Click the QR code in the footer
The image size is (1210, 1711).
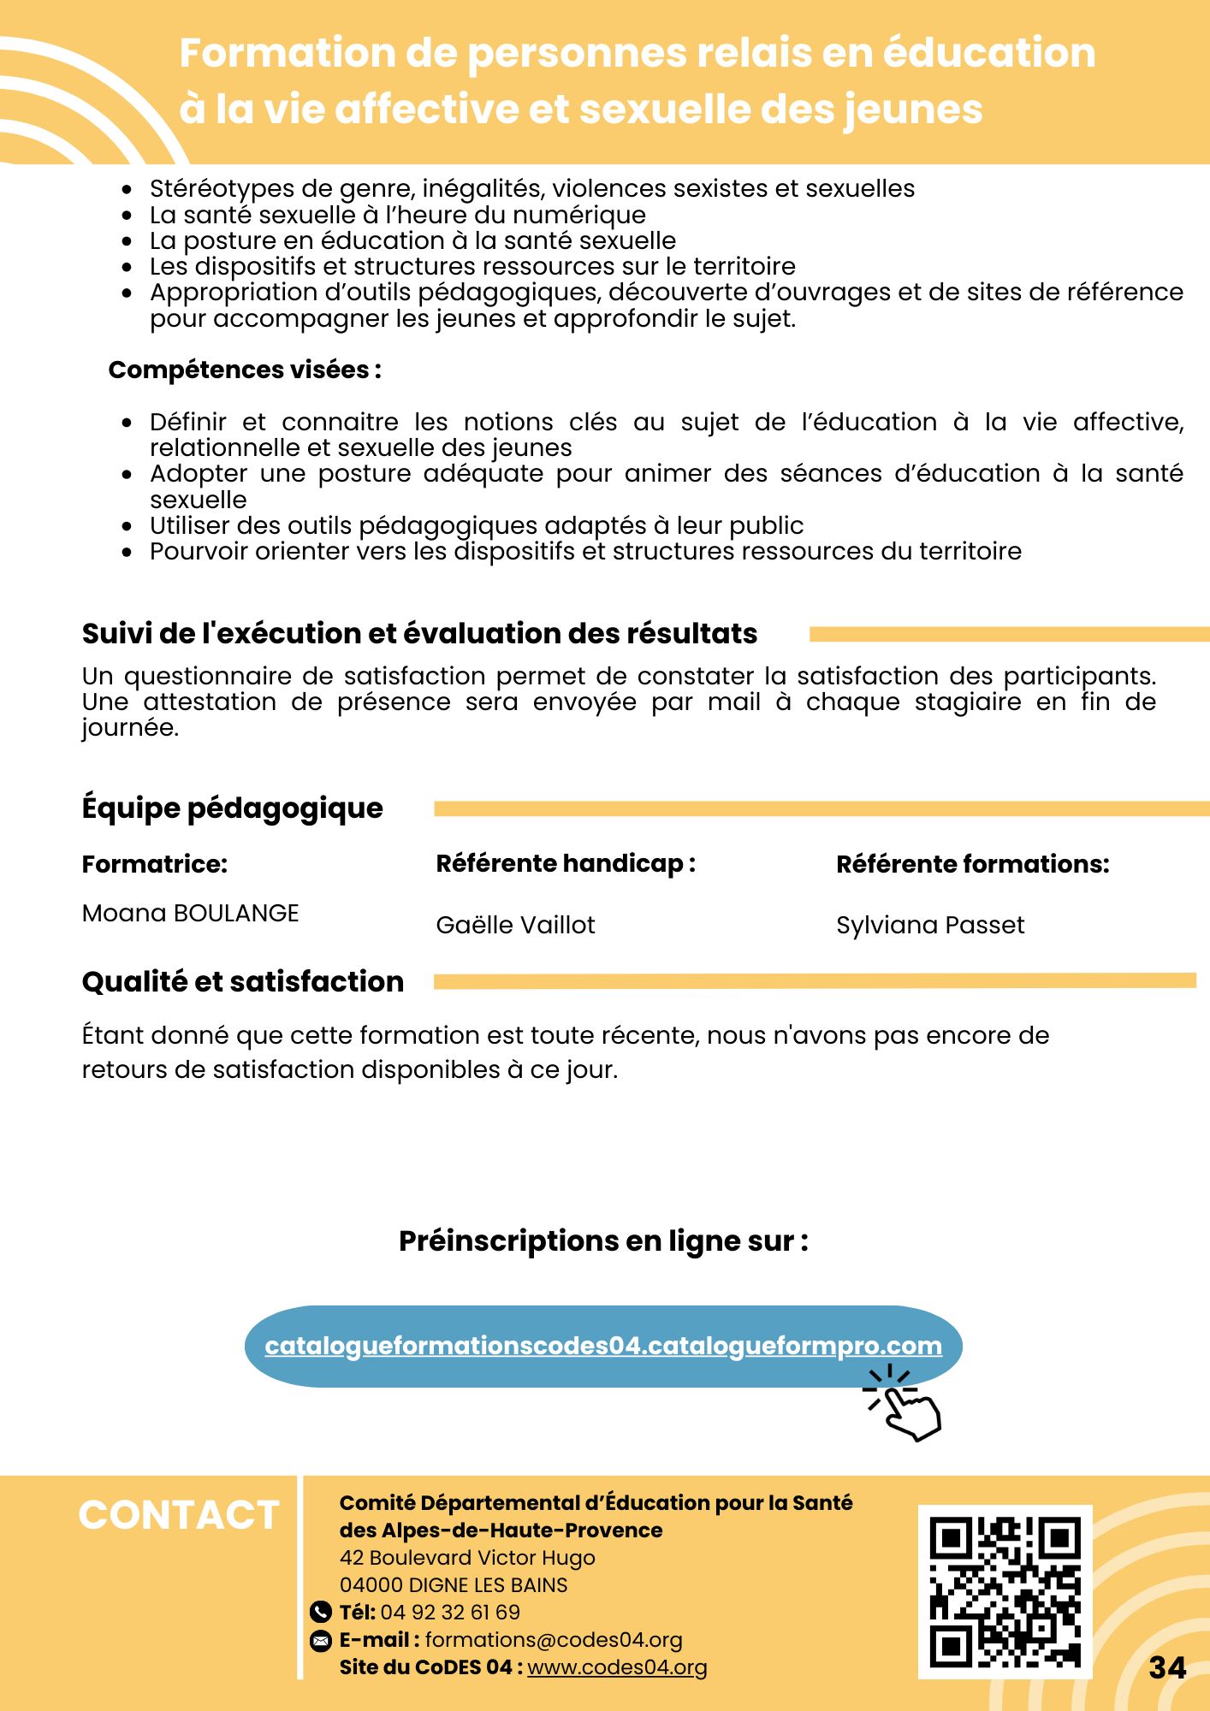tap(1005, 1591)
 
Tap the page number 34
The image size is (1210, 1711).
tap(1167, 1667)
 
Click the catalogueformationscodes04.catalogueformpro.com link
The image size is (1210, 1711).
tap(603, 1346)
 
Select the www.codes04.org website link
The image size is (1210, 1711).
tap(617, 1667)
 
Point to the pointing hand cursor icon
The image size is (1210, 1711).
tap(905, 1404)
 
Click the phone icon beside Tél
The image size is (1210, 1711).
tap(320, 1613)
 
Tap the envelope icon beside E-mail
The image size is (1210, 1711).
tap(320, 1640)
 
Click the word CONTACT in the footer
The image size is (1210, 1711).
tap(179, 1515)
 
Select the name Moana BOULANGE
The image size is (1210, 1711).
tap(190, 914)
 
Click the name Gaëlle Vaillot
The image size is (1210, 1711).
tap(515, 925)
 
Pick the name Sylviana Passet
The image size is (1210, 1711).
tap(930, 925)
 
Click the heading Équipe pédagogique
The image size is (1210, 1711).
tap(232, 808)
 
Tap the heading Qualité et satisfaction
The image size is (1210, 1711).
tap(242, 981)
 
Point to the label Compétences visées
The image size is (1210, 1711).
tap(244, 370)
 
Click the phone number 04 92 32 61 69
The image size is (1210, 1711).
tap(450, 1613)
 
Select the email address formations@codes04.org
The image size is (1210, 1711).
tap(554, 1640)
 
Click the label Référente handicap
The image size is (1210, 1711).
tap(565, 863)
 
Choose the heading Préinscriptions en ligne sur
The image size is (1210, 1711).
tap(603, 1240)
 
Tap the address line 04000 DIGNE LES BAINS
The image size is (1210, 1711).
tap(454, 1585)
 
